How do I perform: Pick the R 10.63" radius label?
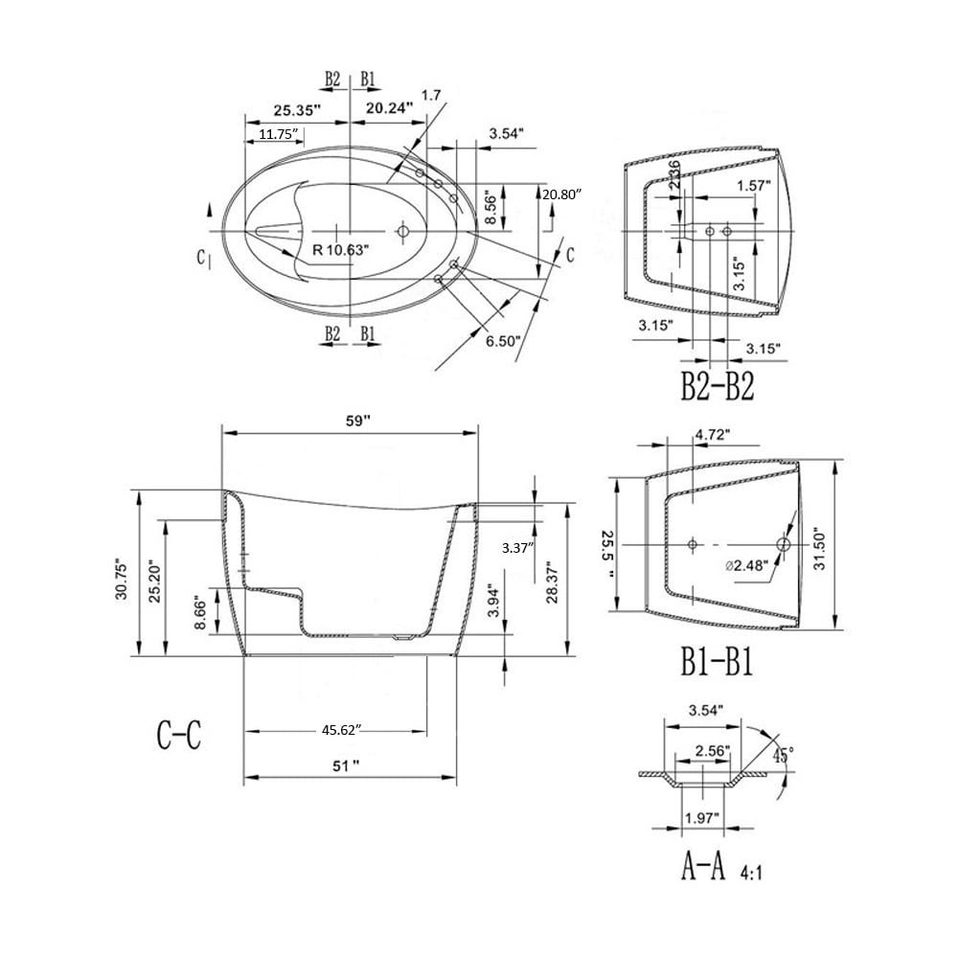point(341,249)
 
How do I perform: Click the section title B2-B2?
point(718,387)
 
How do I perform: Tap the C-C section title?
point(178,735)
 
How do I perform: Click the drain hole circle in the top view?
point(403,231)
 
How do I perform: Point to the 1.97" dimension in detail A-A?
point(702,816)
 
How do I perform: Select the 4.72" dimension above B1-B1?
point(711,434)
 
